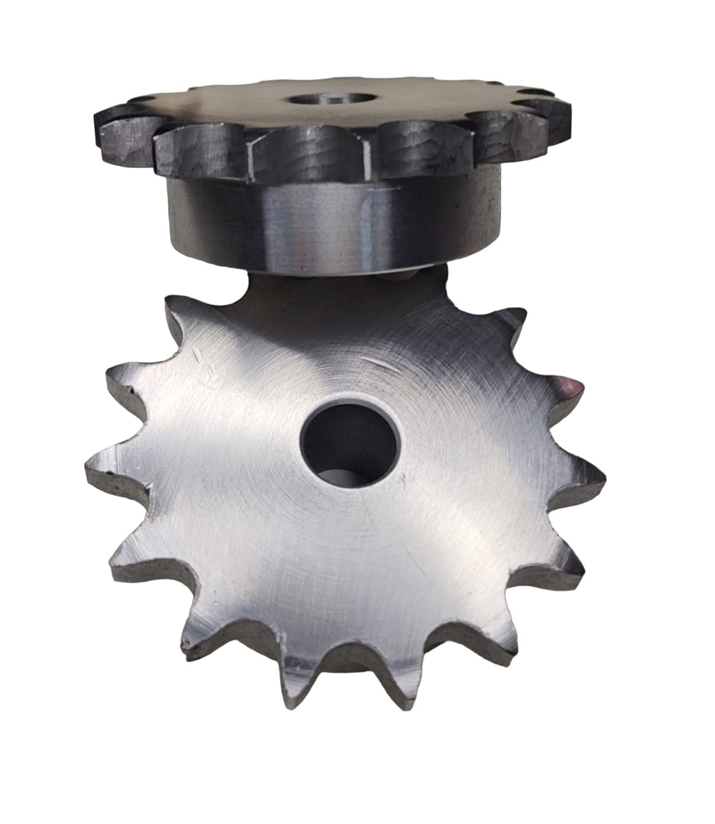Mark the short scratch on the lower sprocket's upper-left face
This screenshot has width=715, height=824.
[x=201, y=356]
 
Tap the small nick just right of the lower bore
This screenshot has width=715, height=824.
[x=403, y=480]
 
